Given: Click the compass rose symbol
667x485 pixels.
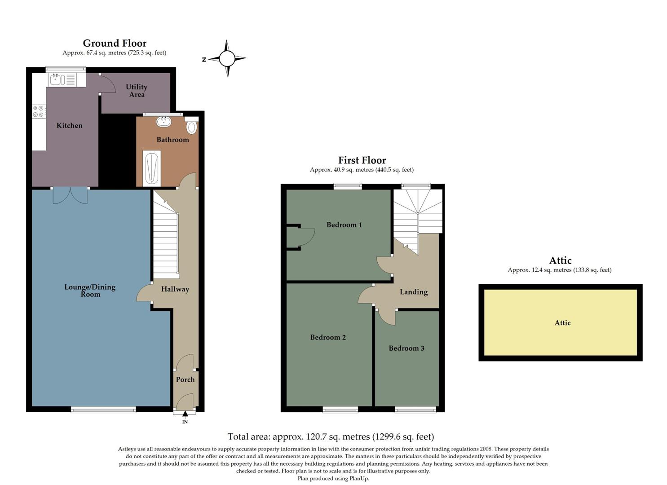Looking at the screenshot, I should tap(227, 59).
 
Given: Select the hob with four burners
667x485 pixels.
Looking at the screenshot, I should tap(39, 111).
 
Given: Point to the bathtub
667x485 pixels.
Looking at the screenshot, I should tap(151, 168).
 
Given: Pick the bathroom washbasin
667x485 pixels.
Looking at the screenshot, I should tap(164, 121).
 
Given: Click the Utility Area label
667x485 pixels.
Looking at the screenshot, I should tap(137, 90).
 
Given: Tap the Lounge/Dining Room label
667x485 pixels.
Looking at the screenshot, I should tap(90, 290).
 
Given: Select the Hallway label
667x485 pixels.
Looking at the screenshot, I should tap(175, 289).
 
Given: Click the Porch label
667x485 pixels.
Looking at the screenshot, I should tap(185, 379).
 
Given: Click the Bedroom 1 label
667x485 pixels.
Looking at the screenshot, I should tap(344, 225).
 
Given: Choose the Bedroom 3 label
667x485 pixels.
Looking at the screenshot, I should tap(406, 348).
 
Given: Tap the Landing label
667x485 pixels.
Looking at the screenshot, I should tap(414, 292).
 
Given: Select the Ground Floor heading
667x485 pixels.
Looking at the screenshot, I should tap(115, 43).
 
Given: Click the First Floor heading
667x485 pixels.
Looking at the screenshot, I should tap(362, 160).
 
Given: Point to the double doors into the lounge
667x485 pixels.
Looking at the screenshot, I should tap(70, 196).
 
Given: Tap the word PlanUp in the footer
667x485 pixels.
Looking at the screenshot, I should tap(359, 479).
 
